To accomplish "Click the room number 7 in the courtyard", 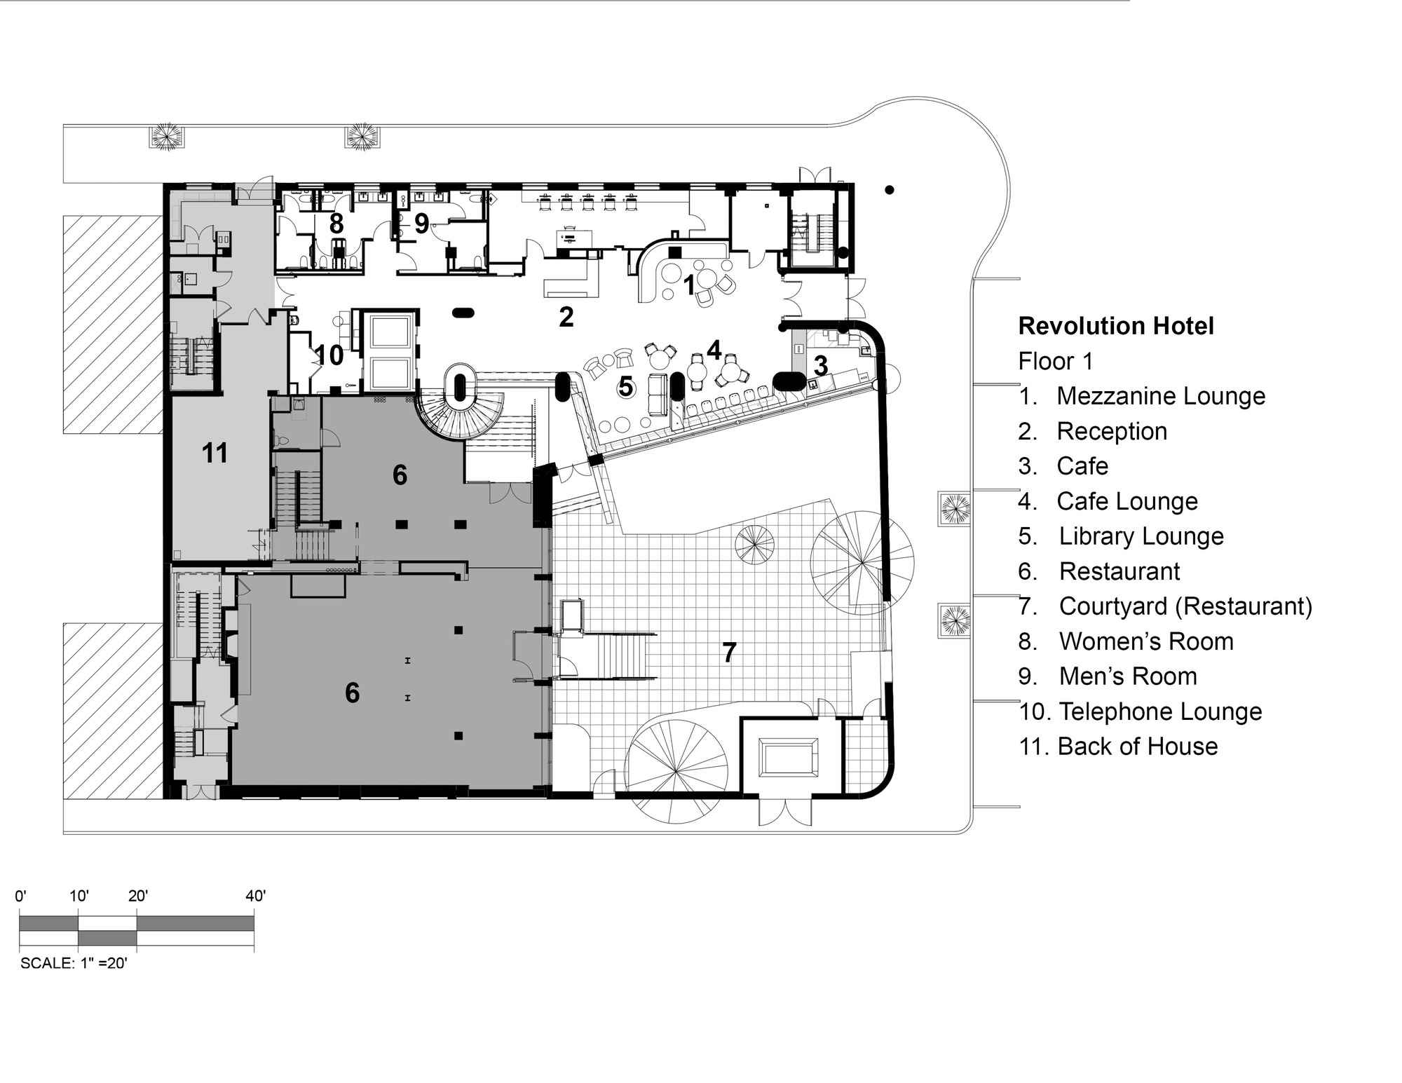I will click(x=729, y=653).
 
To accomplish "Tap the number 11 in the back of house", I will click(x=215, y=454).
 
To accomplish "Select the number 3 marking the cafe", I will click(x=821, y=365).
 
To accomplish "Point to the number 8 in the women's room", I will click(x=336, y=224).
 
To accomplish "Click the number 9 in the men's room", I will click(x=421, y=224).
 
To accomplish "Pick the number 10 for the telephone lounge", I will click(x=329, y=355).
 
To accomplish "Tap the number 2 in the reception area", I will click(x=566, y=318).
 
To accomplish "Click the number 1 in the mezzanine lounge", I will click(x=689, y=285).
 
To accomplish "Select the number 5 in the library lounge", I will click(x=625, y=386).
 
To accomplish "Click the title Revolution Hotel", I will click(x=1116, y=326).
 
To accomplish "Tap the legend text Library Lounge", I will click(x=1141, y=536).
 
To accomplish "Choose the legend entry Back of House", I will click(x=1137, y=747).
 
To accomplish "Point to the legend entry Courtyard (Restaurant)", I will click(x=1185, y=606).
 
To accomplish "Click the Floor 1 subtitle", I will click(x=1055, y=362).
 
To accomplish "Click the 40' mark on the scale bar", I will click(x=255, y=896).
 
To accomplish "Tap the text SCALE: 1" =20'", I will click(x=74, y=963).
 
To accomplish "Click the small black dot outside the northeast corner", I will click(x=889, y=189).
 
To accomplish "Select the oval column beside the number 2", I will click(x=463, y=313).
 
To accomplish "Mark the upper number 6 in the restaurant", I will click(x=400, y=475).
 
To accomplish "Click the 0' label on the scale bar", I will click(x=21, y=896).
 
